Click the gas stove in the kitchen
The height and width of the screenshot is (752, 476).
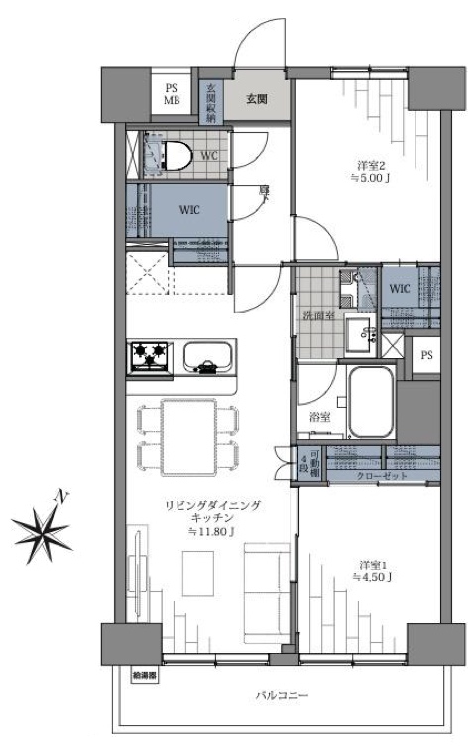pyautogui.click(x=149, y=353)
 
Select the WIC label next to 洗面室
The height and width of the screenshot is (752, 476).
pyautogui.click(x=400, y=288)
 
